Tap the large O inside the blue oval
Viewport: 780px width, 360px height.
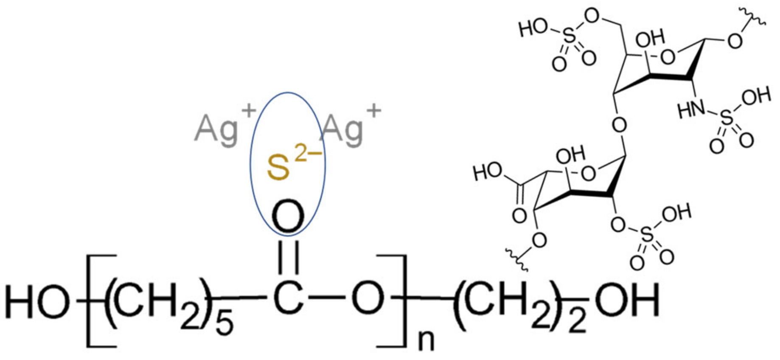coord(288,217)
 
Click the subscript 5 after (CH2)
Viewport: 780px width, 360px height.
coord(224,324)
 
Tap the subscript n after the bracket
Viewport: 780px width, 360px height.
coord(426,340)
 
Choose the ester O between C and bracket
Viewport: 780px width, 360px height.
coord(367,298)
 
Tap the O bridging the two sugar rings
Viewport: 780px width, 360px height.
coord(619,125)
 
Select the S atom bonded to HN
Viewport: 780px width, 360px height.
coord(727,118)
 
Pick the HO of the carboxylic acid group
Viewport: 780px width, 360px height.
coord(488,172)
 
